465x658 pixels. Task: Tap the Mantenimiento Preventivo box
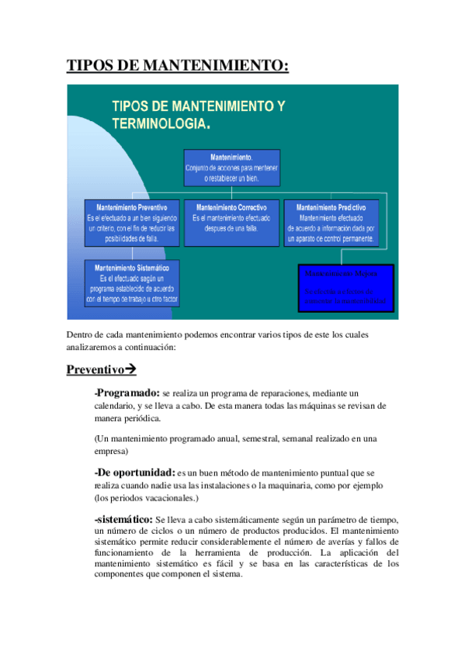click(x=131, y=223)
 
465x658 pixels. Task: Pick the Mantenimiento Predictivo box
click(x=331, y=223)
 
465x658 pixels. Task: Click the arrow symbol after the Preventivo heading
click(x=130, y=369)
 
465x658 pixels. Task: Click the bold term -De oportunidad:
click(x=134, y=471)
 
